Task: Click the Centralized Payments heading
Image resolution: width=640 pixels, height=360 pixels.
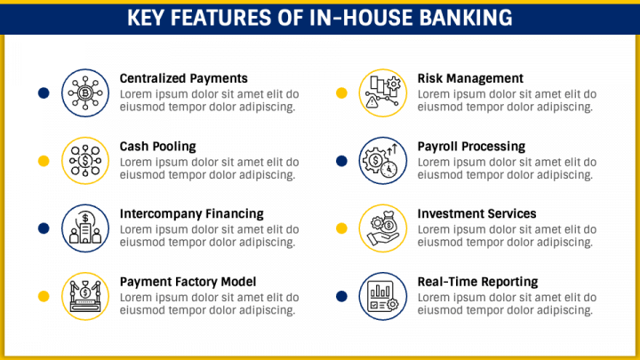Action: (x=183, y=79)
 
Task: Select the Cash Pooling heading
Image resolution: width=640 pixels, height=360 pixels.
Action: (x=157, y=147)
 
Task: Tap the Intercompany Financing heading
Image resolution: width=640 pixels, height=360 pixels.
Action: (x=191, y=214)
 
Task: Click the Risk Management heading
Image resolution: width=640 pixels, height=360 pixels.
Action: (x=470, y=79)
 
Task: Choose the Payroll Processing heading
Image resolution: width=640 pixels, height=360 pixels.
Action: (x=471, y=147)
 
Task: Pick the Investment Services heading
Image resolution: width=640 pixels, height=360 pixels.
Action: (x=476, y=214)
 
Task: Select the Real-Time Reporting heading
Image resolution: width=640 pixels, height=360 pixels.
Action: (x=477, y=282)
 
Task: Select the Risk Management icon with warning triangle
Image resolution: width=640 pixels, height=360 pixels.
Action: (x=381, y=92)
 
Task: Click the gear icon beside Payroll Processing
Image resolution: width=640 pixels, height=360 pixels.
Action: (x=381, y=160)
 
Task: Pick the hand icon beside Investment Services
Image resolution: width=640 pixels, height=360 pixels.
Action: (x=381, y=228)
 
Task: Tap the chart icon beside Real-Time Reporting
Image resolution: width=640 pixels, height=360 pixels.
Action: (x=381, y=295)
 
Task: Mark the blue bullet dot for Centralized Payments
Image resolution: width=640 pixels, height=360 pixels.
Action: (x=43, y=92)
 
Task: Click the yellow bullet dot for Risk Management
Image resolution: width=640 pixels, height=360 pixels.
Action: (x=341, y=92)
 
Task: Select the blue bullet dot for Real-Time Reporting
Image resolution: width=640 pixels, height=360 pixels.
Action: (x=341, y=295)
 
